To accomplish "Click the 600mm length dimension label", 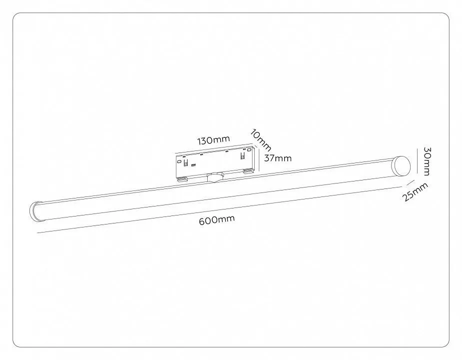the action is [x=217, y=220].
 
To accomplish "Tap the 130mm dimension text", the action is [x=214, y=140].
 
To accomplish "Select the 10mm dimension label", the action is [x=260, y=140].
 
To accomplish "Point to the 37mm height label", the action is [x=278, y=158].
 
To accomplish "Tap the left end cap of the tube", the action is [x=35, y=211].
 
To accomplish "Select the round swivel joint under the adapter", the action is [x=215, y=177].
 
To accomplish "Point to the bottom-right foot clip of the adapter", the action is [x=248, y=170].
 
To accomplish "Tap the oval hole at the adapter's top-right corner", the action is [x=250, y=149].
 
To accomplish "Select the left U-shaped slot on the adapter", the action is [x=186, y=162].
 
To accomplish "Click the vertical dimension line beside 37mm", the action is [x=258, y=159].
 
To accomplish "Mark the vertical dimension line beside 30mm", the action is [x=418, y=161].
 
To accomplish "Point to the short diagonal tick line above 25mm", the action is [x=411, y=182].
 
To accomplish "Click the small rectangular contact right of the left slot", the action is [x=194, y=165].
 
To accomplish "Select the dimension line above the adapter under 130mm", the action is [x=214, y=148].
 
